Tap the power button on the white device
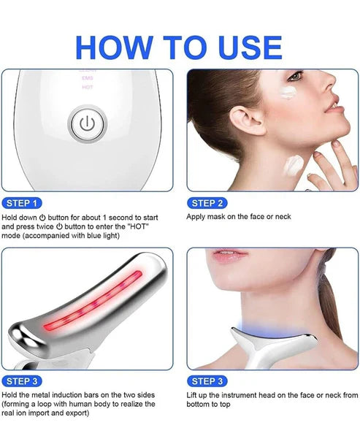click(86, 123)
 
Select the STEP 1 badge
click(23, 202)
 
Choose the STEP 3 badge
click(23, 380)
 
